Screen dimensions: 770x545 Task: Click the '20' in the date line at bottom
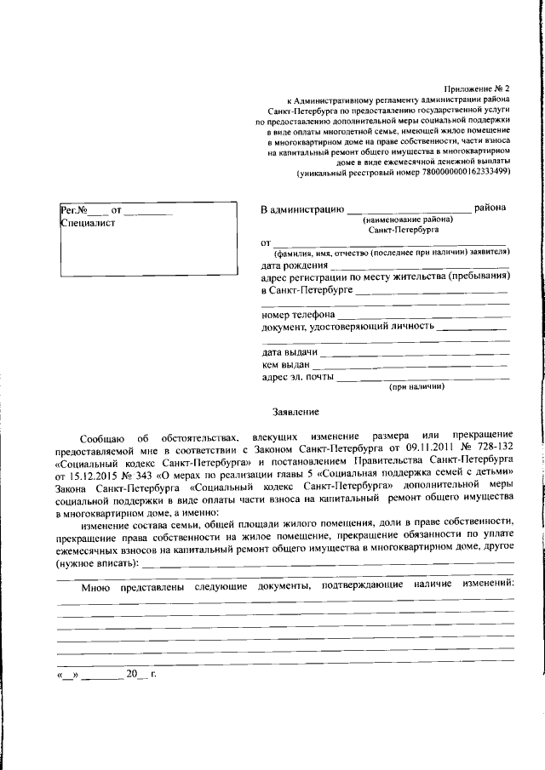131,675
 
